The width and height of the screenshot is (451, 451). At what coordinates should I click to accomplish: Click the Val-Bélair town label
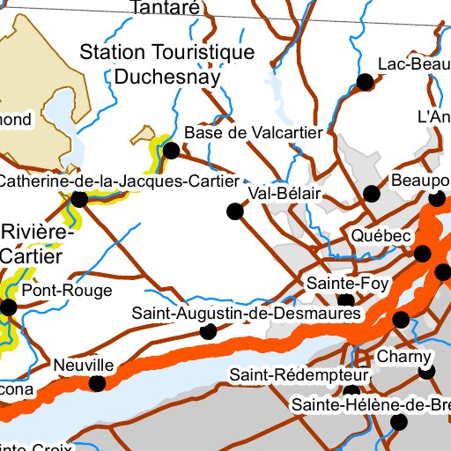coord(283,193)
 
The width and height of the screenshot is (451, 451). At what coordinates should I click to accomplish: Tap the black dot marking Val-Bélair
coord(235,211)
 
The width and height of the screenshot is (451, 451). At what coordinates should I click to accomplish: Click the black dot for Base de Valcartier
coord(172,151)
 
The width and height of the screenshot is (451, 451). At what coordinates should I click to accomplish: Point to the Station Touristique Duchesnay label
coord(166,63)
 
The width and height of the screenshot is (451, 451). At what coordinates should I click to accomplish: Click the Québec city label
coord(381,237)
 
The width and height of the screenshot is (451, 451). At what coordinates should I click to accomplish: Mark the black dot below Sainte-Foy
coord(346,301)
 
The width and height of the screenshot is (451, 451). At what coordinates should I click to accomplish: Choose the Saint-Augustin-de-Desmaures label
coord(240,313)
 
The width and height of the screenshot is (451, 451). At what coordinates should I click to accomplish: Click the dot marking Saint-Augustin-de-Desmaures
coord(209,331)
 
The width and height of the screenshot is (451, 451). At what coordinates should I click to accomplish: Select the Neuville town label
coord(84,365)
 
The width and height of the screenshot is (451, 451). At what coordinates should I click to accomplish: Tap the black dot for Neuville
coord(98,383)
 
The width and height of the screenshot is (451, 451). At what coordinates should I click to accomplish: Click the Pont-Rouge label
coord(55,290)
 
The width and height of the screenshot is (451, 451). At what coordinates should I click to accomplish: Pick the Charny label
coord(404,357)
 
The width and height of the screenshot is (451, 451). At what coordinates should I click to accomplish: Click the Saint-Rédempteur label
coord(299,375)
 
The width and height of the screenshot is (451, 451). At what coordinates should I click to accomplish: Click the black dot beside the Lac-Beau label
coord(364,83)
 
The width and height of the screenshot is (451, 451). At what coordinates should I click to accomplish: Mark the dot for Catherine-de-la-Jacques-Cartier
coord(79,200)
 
